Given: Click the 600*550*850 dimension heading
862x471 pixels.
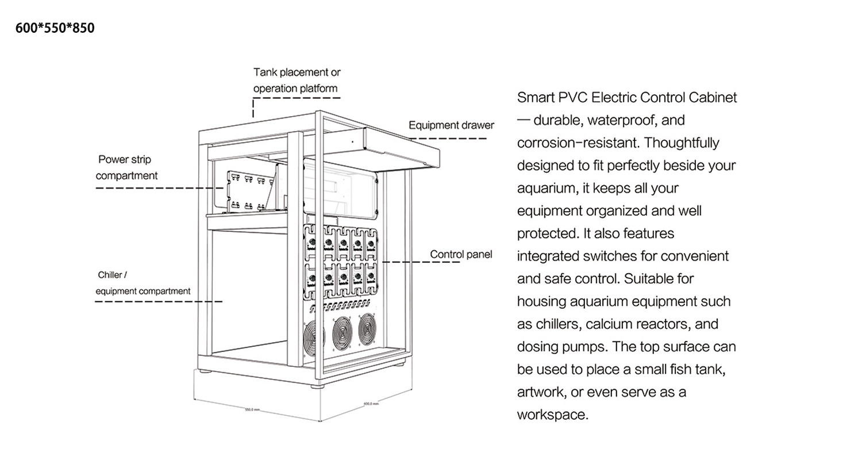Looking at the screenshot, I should click(55, 28).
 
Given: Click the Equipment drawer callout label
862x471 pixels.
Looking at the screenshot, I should click(451, 125).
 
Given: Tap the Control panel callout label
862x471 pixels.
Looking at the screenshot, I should click(461, 254).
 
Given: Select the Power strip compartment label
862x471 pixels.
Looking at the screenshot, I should click(126, 167).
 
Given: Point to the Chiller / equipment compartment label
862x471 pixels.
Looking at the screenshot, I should click(143, 283).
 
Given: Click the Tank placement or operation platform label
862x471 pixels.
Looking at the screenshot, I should click(297, 81).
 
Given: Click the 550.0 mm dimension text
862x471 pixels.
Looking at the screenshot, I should click(253, 409).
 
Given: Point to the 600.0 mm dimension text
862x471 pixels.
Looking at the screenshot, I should click(371, 404).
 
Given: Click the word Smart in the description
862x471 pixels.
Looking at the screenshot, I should click(536, 97).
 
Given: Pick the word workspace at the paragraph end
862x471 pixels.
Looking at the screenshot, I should click(552, 415).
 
